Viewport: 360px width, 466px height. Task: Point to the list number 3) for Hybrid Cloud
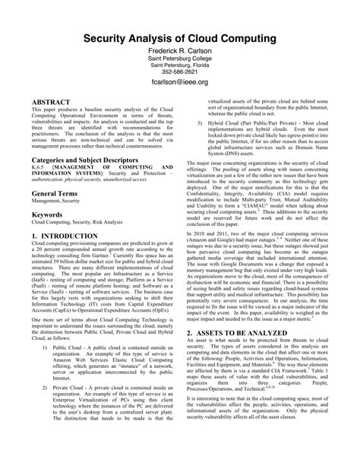(x=199, y=122)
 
